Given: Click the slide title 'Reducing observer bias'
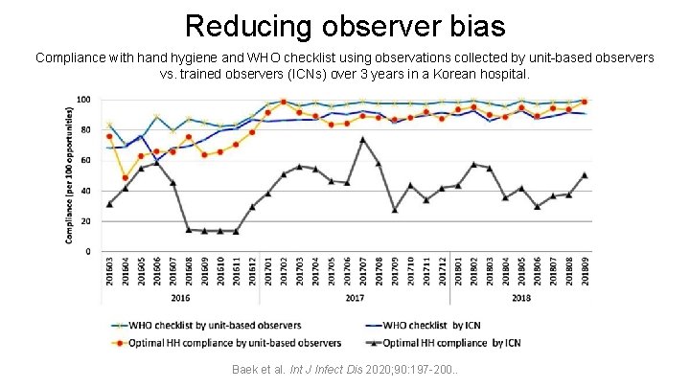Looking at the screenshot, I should tap(344, 25).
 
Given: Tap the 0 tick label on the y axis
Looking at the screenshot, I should tap(88, 251).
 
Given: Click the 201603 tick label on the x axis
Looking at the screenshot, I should tap(109, 273).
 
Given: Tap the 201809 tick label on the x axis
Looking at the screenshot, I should tap(585, 273).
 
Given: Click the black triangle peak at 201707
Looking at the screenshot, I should tap(362, 140).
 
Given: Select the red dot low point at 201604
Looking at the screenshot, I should tap(125, 178).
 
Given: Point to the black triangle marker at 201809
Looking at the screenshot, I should tap(585, 175).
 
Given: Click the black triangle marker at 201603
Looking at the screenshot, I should tap(109, 204).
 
